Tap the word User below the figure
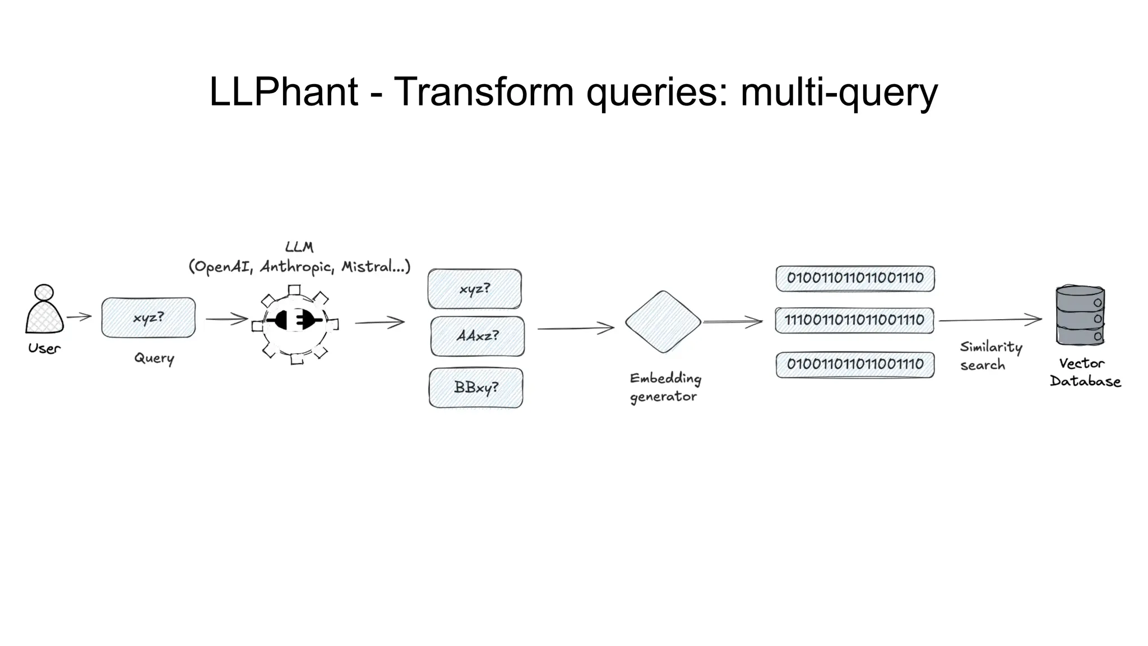pyautogui.click(x=44, y=348)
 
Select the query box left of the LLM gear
pyautogui.click(x=149, y=317)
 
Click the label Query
pyautogui.click(x=154, y=358)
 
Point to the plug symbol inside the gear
pyautogui.click(x=294, y=321)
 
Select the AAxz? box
pyautogui.click(x=478, y=336)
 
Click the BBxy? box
pyautogui.click(x=476, y=387)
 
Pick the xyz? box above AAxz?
pyautogui.click(x=475, y=289)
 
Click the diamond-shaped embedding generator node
pyautogui.click(x=663, y=322)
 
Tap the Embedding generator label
pyautogui.click(x=665, y=387)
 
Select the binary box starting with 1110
pyautogui.click(x=854, y=320)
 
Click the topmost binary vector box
pyautogui.click(x=855, y=278)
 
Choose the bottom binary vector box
pyautogui.click(x=855, y=364)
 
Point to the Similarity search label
pyautogui.click(x=990, y=356)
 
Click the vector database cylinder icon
pyautogui.click(x=1080, y=316)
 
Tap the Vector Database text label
pyautogui.click(x=1084, y=372)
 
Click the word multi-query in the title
pyautogui.click(x=839, y=92)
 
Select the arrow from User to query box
pyautogui.click(x=79, y=317)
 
